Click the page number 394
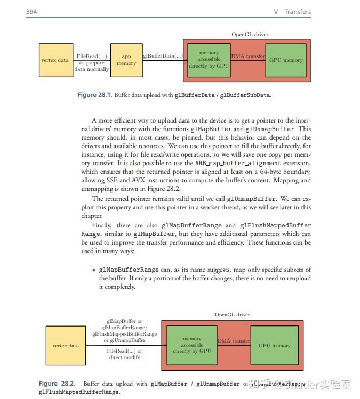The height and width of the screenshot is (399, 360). pos(31,12)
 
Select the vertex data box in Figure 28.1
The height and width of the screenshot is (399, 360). pos(55,60)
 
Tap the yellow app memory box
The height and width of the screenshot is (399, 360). pos(126,60)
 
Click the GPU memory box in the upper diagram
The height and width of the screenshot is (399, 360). pos(286,60)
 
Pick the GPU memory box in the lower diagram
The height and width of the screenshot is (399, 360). pos(275,345)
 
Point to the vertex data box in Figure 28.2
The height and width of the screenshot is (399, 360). pos(66,345)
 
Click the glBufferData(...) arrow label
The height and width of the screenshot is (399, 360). pos(163,55)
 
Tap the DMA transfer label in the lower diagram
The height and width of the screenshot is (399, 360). pos(234,341)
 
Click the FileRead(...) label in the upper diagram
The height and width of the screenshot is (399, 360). pos(92,56)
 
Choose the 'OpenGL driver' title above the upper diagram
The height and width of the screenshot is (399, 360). pos(250,34)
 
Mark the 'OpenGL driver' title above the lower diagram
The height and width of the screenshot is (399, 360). pos(233,315)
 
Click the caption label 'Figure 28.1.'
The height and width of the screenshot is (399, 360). pos(95,95)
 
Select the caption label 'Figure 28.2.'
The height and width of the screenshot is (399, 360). pos(57,384)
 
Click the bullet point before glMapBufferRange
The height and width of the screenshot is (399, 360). pos(94,270)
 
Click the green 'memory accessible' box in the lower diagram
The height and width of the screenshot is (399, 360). pos(192,345)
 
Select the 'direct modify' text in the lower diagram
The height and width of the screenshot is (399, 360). pos(125,357)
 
